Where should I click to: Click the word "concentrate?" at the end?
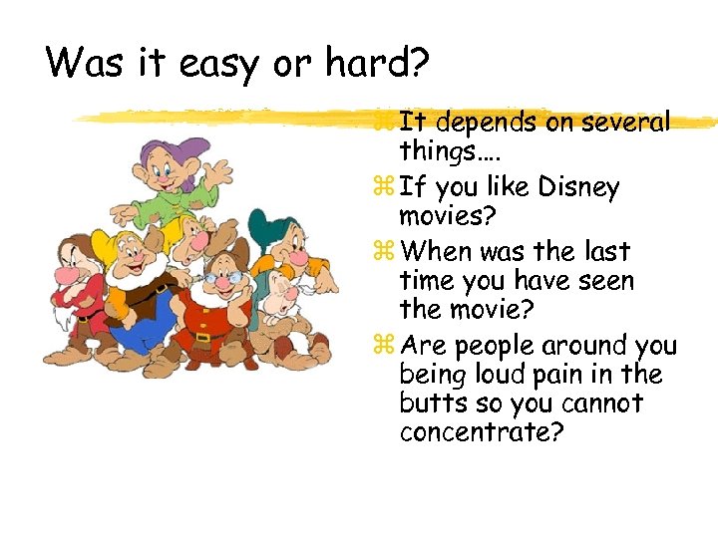(480, 433)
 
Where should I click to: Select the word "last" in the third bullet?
(601, 251)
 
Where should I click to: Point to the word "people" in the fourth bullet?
(494, 347)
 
